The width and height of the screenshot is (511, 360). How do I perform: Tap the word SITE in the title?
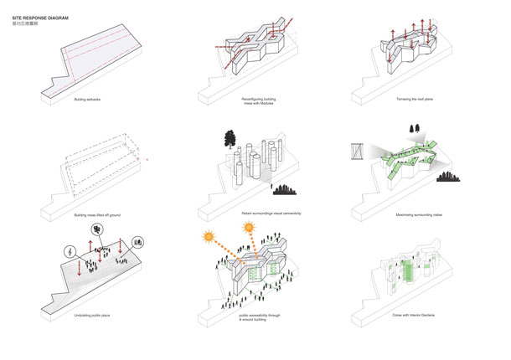pos(18,16)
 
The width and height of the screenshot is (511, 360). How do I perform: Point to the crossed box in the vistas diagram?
pos(356,153)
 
